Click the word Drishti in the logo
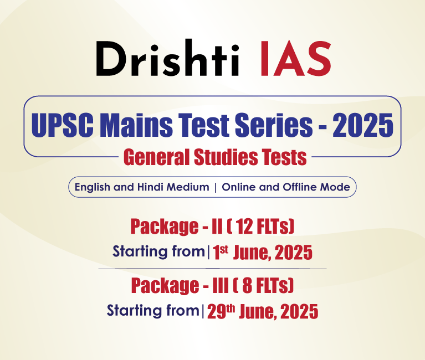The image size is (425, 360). coord(168,58)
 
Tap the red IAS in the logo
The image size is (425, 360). coord(295,59)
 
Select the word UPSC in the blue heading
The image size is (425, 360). coord(63,125)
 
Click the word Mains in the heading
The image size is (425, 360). coord(136,125)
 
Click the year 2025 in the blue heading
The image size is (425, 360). coord(363,125)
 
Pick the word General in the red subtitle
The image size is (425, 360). coord(157,157)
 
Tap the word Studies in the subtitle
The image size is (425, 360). coord(226,157)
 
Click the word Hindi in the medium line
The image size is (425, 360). coord(150,187)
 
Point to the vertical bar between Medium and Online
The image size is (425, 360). coord(216,187)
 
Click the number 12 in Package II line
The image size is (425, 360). coord(244,227)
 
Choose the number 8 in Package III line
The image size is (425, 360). coord(247,286)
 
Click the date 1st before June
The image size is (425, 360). coord(221,252)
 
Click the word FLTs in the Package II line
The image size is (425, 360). coord(274,227)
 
